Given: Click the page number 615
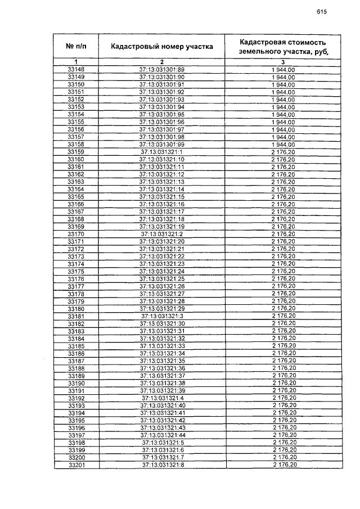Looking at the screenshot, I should (321, 11).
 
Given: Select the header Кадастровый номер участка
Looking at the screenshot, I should (161, 46).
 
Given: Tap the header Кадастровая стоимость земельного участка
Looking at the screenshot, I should (282, 46).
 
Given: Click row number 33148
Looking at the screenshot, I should (76, 69).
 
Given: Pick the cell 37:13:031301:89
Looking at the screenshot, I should (162, 69).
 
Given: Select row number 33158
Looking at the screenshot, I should (76, 145).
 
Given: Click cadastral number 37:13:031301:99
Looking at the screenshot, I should (162, 145).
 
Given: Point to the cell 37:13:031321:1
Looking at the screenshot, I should (162, 152).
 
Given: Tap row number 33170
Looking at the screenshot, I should (76, 234).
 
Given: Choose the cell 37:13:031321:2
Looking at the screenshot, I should (162, 234).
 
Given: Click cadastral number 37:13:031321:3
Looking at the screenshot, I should (162, 316).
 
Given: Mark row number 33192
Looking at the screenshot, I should (76, 398).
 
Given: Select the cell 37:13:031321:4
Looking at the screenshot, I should (162, 398).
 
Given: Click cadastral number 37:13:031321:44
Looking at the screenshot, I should (162, 435).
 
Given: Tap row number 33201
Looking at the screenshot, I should (76, 465).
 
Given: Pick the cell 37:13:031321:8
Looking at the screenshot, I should (162, 465).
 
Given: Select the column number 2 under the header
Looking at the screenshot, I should (161, 61).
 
